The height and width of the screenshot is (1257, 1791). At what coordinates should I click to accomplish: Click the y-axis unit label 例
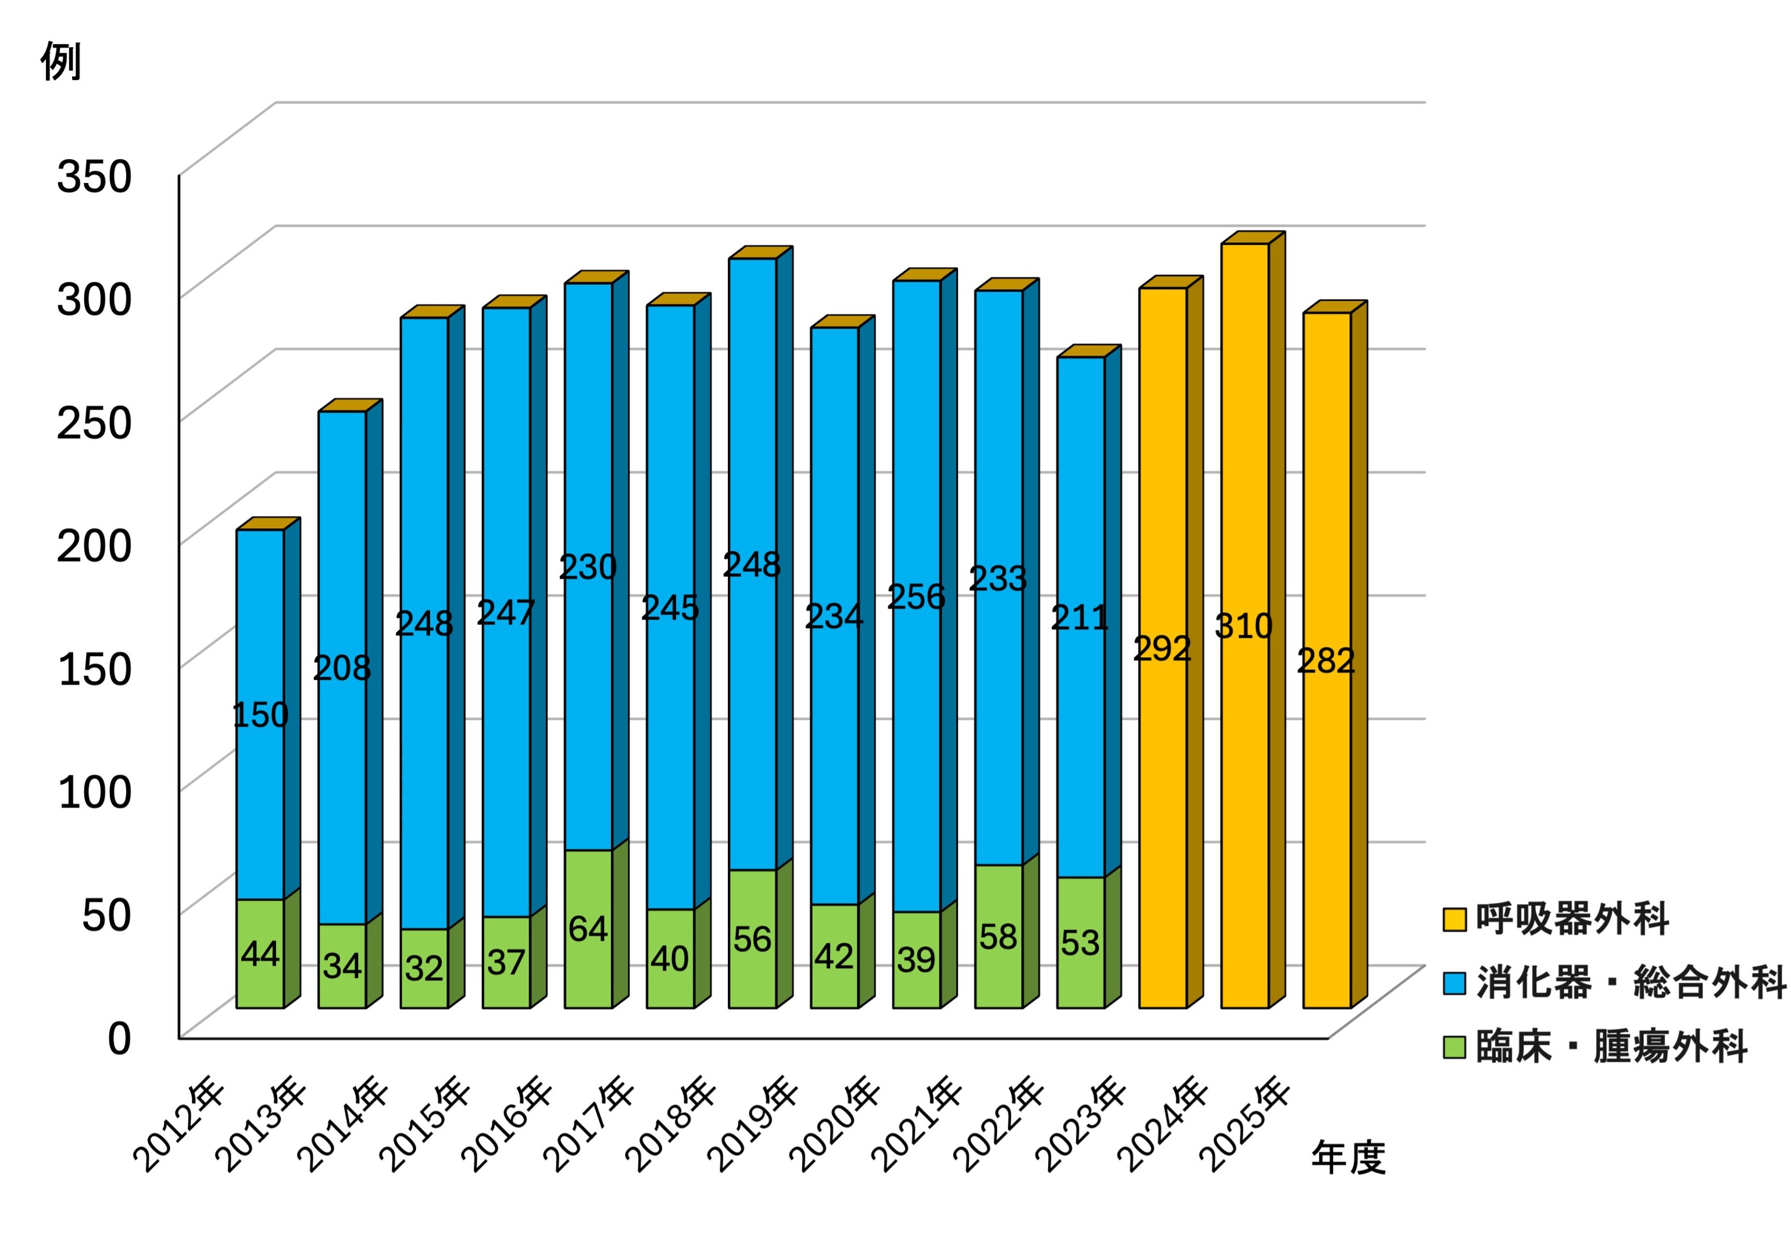(61, 62)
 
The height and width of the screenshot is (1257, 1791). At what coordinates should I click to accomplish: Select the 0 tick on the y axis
(119, 1038)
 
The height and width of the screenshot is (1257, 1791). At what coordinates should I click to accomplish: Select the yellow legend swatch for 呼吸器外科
(1454, 919)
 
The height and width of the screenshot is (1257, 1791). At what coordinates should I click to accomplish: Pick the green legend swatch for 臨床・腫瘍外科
(1454, 1047)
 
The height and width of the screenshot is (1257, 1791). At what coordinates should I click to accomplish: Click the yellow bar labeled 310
(1245, 626)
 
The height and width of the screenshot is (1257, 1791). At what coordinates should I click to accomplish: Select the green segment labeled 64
(588, 929)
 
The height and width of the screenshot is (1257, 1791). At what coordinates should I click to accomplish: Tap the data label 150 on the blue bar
(260, 715)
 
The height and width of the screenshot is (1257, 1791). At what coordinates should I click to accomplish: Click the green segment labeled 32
(424, 969)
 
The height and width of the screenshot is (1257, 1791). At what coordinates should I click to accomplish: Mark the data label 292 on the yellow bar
(1162, 649)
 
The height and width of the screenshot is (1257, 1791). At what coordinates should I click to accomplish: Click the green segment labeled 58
(999, 937)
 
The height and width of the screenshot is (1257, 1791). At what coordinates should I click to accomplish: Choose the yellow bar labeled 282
(1327, 661)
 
